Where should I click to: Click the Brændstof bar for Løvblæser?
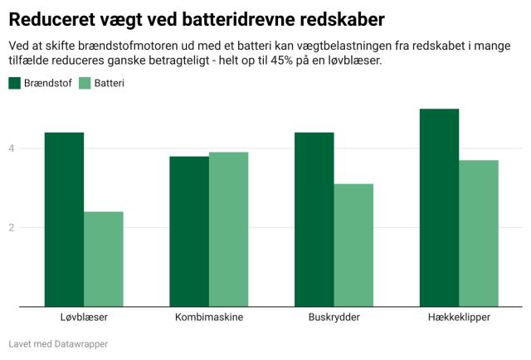click(64, 220)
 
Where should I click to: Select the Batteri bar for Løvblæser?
click(103, 259)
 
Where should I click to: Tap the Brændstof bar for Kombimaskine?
click(189, 231)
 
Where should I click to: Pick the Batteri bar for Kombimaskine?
click(228, 229)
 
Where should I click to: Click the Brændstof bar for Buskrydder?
click(314, 220)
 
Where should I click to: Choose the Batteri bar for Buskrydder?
click(353, 246)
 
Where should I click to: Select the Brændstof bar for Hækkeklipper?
click(439, 207)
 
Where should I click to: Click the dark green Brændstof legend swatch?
click(15, 83)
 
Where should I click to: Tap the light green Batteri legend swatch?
click(83, 83)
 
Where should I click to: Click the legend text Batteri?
click(109, 83)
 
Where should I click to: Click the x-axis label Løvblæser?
click(84, 319)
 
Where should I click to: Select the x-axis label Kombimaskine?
click(208, 319)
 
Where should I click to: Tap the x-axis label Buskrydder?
click(334, 319)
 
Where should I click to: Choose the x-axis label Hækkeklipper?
click(459, 319)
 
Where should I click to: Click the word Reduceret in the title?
click(50, 17)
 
